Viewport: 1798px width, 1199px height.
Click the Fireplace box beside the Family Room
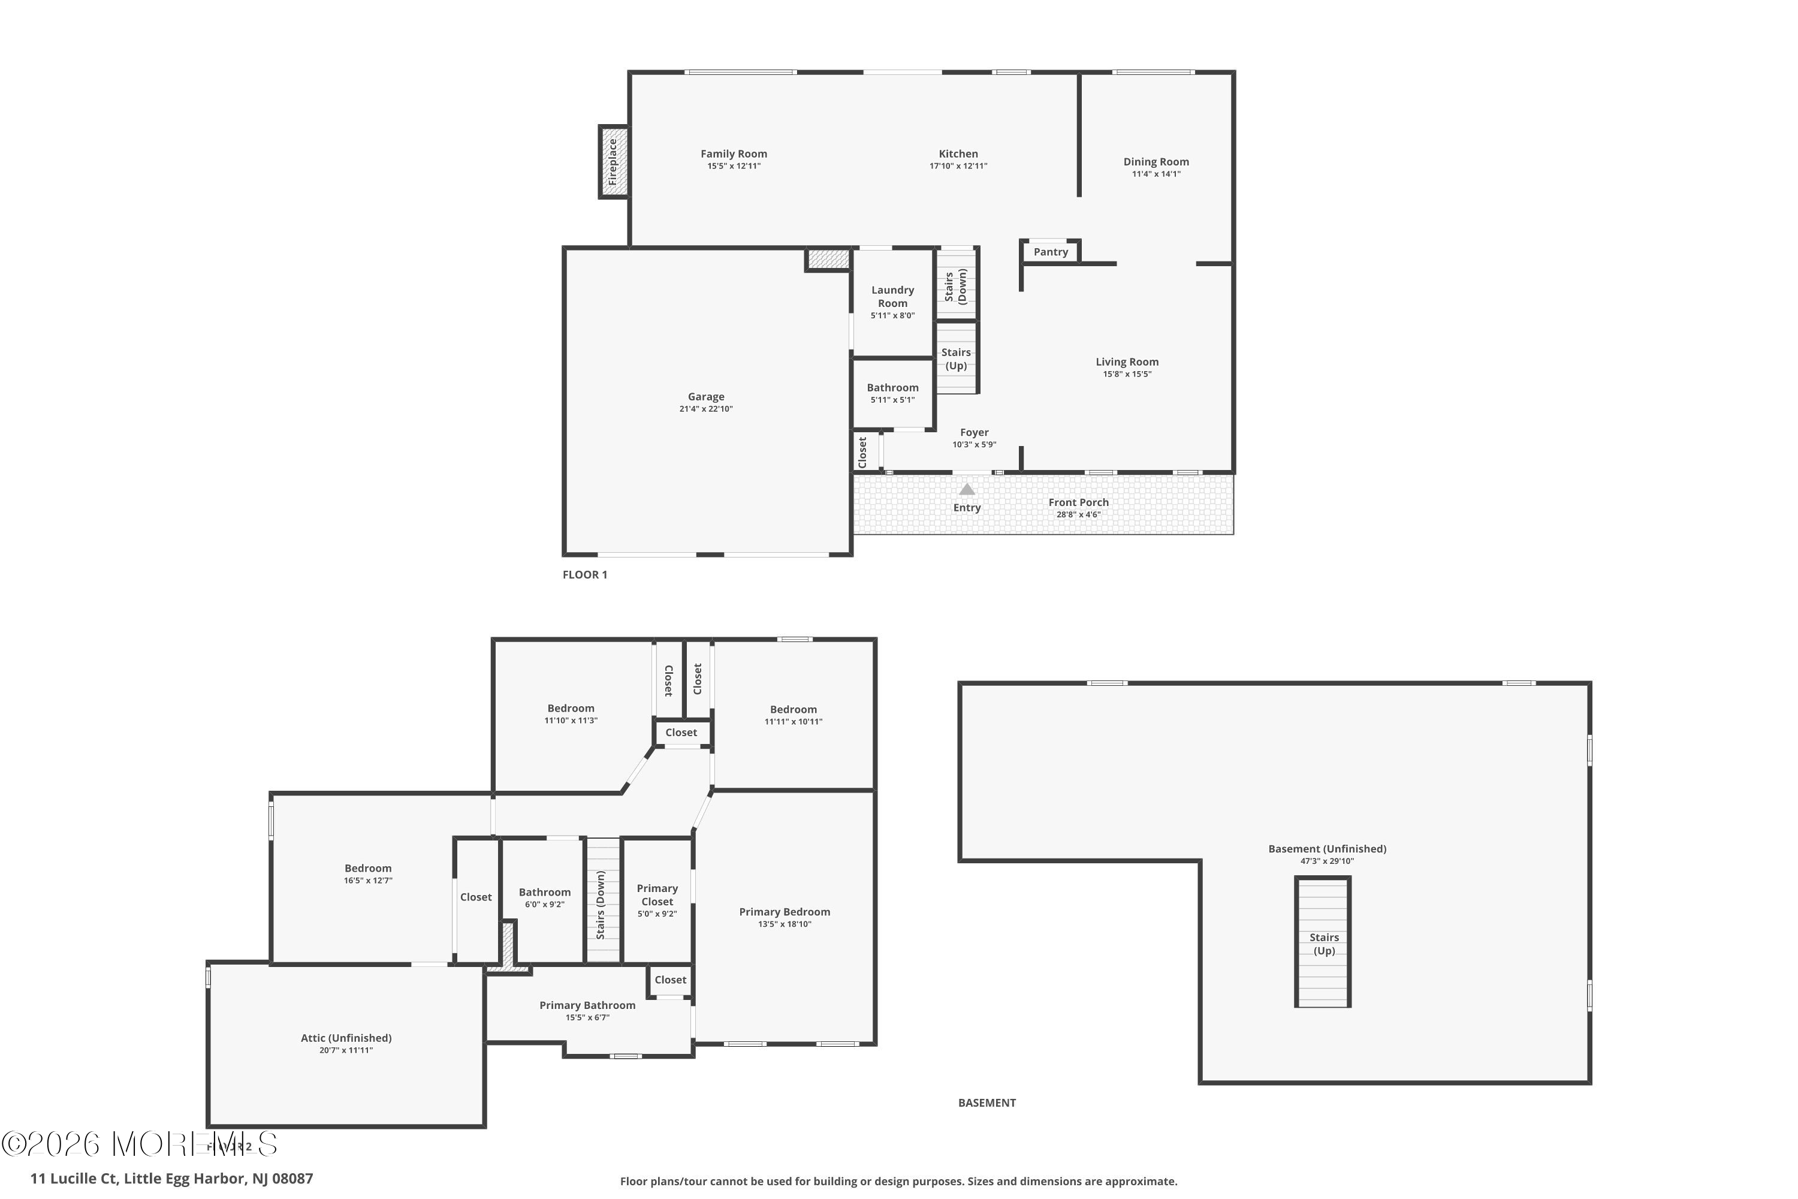tap(613, 162)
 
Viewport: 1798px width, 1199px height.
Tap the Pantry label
tap(1051, 252)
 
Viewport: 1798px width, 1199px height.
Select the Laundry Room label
tap(892, 297)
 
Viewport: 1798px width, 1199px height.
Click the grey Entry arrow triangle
tap(967, 489)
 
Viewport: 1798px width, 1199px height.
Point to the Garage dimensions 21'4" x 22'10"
tap(705, 409)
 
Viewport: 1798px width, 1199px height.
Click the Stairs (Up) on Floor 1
tap(955, 359)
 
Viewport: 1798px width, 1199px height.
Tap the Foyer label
tap(974, 433)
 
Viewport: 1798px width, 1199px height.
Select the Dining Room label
tap(1156, 162)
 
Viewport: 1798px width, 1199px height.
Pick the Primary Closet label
tap(657, 894)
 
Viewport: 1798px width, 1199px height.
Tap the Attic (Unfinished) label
tap(346, 1038)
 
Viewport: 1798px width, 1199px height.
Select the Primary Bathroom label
tap(587, 1005)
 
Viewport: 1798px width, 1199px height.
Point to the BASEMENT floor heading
tap(986, 1102)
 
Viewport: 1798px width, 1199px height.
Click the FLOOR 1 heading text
tap(585, 575)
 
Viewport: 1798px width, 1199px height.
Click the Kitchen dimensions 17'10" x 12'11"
tap(958, 166)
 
